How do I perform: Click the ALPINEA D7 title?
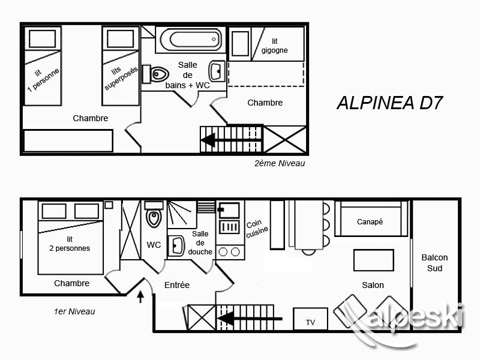tap(389, 103)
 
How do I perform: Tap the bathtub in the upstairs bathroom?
tap(190, 40)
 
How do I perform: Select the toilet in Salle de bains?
tap(156, 74)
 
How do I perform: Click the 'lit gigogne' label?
tap(275, 46)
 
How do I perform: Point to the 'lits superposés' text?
tap(121, 77)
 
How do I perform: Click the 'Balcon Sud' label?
tap(434, 263)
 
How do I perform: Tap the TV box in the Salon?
tap(310, 319)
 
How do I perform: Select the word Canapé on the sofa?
tap(370, 221)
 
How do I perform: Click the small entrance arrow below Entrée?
tap(140, 296)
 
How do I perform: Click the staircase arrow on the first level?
tap(250, 319)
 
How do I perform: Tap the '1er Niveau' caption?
tap(74, 311)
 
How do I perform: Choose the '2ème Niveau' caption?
tap(280, 163)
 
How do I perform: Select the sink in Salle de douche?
tap(176, 245)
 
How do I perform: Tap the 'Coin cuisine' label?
tap(257, 229)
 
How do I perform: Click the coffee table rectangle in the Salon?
tap(373, 260)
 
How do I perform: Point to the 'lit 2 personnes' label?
tap(70, 244)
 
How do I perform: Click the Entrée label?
tap(177, 285)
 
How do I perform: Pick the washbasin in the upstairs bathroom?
tap(217, 71)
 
